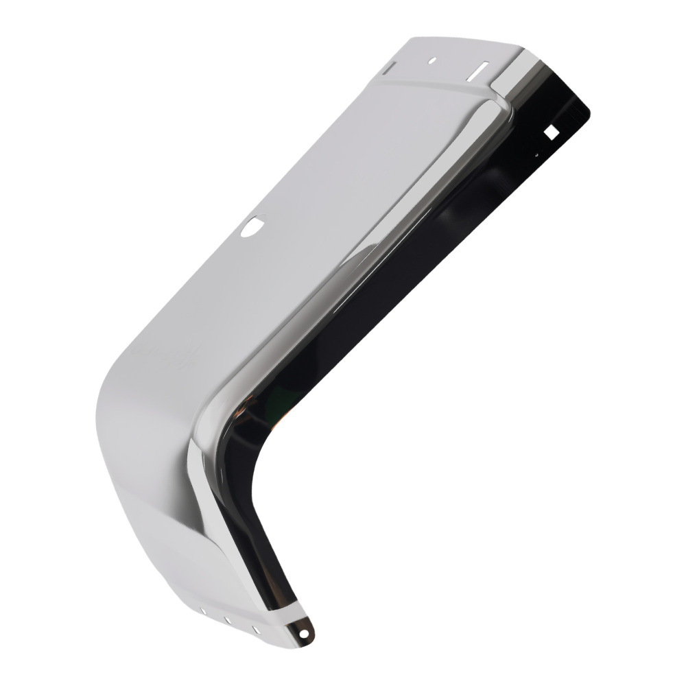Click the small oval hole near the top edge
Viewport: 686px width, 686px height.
click(x=432, y=60)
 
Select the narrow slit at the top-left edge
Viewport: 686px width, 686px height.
click(x=388, y=67)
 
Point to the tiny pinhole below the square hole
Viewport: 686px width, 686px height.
click(x=536, y=156)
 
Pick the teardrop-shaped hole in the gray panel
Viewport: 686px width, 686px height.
click(x=254, y=225)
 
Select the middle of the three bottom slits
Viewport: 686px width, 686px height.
click(x=227, y=620)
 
